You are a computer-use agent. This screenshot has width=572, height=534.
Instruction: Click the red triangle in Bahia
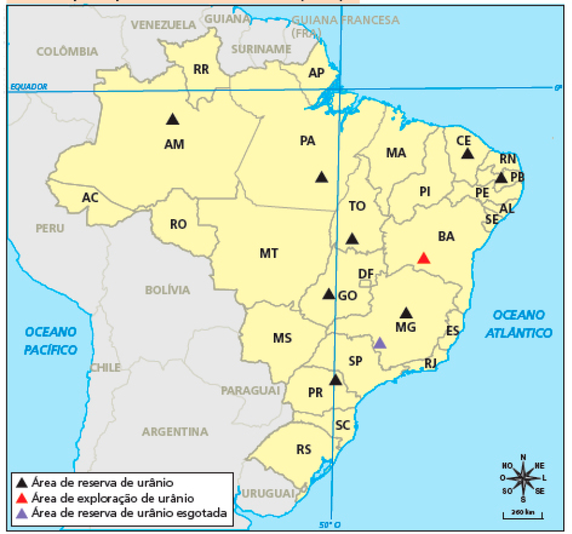point(424,258)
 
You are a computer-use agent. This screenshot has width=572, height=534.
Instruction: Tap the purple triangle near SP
point(380,343)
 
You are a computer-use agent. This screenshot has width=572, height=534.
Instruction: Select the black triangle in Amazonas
point(172,119)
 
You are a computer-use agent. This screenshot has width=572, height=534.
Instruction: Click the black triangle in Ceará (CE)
point(467,153)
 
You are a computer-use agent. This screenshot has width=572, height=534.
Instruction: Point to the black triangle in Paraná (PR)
point(335,380)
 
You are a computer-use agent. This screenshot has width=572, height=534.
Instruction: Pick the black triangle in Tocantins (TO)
point(352,239)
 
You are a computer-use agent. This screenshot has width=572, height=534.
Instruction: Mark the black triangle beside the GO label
point(328,294)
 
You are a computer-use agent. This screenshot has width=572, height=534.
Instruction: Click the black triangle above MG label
point(406,313)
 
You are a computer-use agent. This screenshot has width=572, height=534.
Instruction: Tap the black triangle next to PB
point(501,178)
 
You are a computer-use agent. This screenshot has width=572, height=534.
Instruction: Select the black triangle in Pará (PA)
point(321,177)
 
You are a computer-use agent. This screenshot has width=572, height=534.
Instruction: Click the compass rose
point(523,478)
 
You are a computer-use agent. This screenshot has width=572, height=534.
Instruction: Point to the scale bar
point(523,514)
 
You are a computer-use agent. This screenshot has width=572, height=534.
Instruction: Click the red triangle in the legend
point(22,498)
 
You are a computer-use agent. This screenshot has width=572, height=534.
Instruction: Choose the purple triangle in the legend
point(22,513)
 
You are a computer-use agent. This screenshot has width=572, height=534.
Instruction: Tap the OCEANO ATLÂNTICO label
point(519,324)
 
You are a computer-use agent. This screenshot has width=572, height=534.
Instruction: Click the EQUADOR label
point(28,87)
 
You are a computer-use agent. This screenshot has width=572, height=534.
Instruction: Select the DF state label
point(366,274)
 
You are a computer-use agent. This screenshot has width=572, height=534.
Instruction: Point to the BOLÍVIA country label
point(167,289)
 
